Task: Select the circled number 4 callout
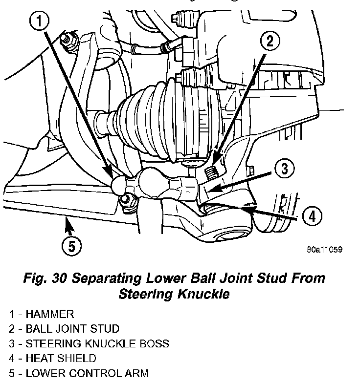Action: click(x=312, y=215)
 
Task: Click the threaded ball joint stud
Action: click(x=212, y=172)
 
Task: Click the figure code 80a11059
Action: click(x=324, y=249)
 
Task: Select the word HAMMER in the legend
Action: click(x=50, y=314)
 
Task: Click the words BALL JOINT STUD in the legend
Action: click(x=72, y=329)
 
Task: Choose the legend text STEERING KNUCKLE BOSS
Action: click(x=97, y=343)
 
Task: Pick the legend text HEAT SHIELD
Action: click(x=61, y=359)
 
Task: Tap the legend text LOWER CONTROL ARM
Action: click(x=87, y=373)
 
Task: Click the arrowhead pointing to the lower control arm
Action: click(x=67, y=224)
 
